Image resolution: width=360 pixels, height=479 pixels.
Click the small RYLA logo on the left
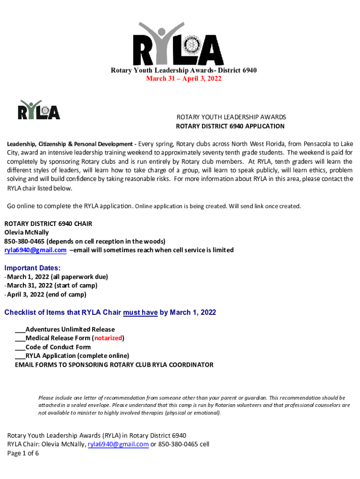point(39,110)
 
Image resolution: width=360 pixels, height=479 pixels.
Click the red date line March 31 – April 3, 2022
point(183,79)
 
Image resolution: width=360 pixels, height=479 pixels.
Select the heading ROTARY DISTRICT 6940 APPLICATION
point(230,126)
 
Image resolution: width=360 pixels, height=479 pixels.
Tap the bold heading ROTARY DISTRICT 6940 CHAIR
point(48,224)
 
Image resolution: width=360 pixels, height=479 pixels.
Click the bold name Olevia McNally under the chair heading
point(27,232)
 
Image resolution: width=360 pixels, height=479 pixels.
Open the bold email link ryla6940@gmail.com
point(36,250)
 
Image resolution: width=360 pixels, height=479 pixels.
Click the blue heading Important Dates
point(32,268)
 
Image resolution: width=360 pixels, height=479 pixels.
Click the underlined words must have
point(140,312)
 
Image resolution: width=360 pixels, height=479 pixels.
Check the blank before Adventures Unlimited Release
point(20,330)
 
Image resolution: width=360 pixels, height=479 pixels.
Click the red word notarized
point(108,338)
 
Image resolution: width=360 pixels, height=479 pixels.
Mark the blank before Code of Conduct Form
point(20,347)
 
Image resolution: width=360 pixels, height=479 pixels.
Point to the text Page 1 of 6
point(23,453)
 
